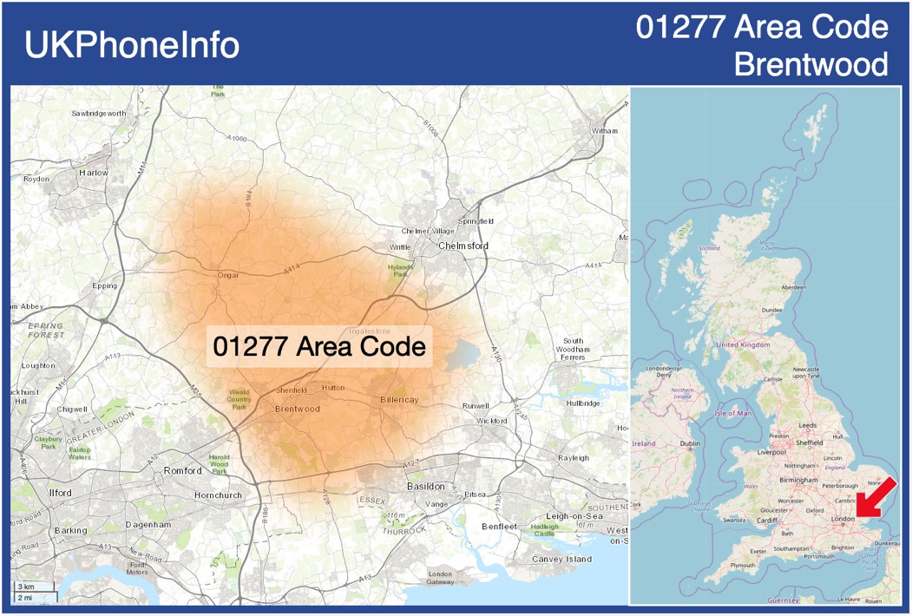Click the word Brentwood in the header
(810, 64)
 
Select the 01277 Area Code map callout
(319, 346)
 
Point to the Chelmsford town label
(463, 246)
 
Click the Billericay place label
(399, 399)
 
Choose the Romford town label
(183, 470)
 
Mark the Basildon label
(426, 486)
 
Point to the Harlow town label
(94, 173)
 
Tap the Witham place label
(605, 131)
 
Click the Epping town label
(104, 285)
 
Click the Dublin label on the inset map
(690, 444)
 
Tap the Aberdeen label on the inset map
(793, 287)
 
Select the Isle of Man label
(732, 413)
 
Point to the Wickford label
(492, 421)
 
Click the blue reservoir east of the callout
(463, 354)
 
